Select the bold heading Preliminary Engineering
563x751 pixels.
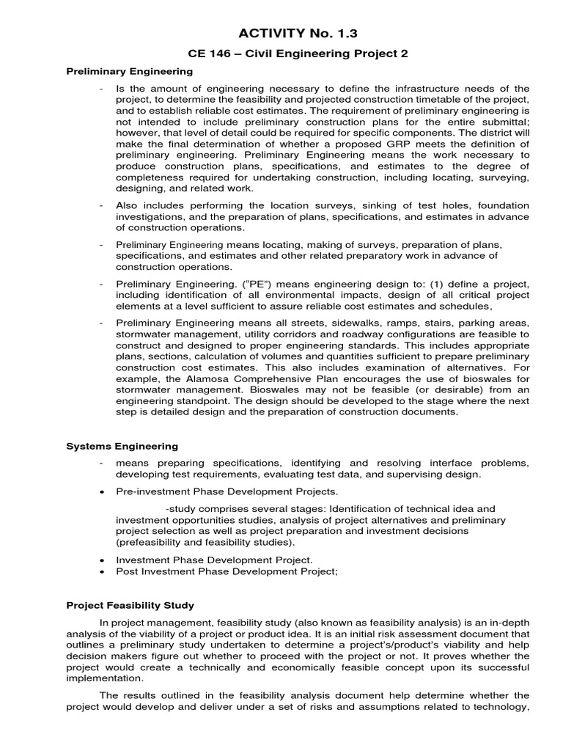pos(130,71)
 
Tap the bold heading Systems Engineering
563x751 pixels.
pos(122,446)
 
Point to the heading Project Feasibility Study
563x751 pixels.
pos(130,605)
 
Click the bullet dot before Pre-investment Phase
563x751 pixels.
pos(100,491)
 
